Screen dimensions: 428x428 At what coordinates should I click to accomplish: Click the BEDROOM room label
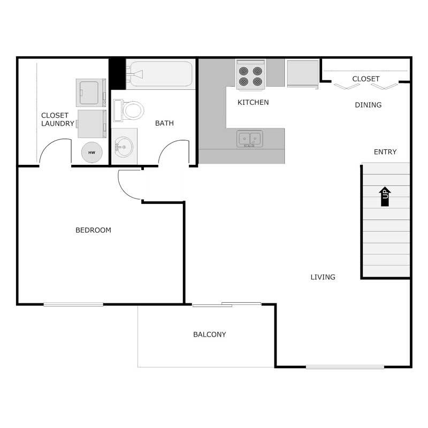point(93,231)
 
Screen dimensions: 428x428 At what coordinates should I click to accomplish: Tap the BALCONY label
point(209,335)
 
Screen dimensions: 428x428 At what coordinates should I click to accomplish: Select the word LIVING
point(323,277)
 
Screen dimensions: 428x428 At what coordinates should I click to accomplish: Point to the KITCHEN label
point(253,102)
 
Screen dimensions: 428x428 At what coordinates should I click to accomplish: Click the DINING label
point(368,105)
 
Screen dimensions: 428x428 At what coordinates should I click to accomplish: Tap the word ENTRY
point(385,152)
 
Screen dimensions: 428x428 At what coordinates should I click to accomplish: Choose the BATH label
point(164,124)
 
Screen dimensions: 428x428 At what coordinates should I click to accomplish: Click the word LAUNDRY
point(58,124)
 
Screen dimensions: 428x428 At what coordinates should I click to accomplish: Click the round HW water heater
point(91,153)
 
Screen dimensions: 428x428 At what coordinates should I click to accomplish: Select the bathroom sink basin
point(124,146)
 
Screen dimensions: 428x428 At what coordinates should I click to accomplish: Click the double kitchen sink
point(249,139)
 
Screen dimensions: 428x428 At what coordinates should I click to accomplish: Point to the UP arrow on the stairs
point(385,196)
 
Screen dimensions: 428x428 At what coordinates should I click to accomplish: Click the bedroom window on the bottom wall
point(73,304)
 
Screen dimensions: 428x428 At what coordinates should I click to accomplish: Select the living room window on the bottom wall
point(345,367)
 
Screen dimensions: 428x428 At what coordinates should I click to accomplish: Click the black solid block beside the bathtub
point(117,73)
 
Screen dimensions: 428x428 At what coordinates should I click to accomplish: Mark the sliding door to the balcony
point(227,305)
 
